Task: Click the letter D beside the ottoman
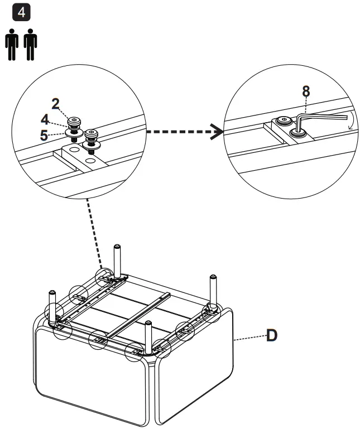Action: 271,335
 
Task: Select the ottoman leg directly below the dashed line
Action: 118,260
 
